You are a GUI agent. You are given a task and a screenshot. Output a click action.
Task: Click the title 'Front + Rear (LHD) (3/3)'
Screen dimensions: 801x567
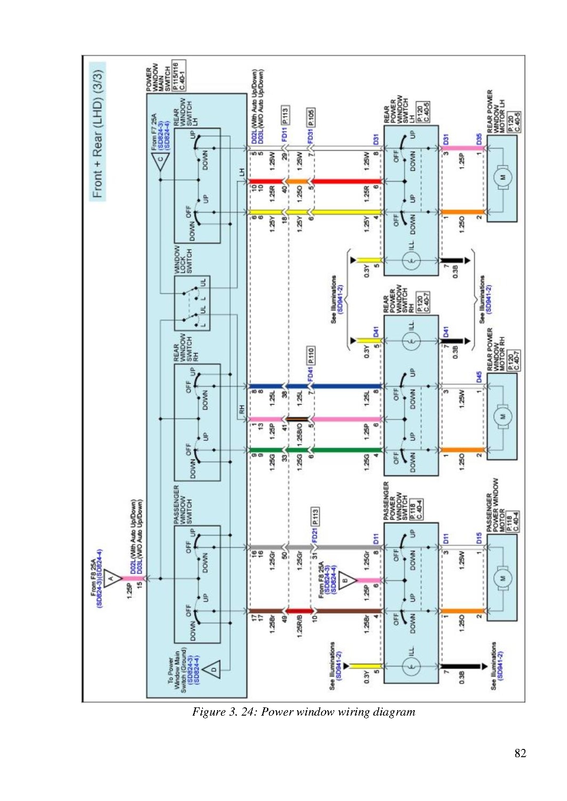(x=98, y=133)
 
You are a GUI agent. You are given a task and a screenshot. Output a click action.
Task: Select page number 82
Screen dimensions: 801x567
(x=520, y=753)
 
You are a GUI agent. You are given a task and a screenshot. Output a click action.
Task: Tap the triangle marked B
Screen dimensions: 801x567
(x=346, y=581)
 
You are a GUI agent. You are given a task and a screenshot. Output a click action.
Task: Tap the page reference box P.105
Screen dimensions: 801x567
(x=311, y=117)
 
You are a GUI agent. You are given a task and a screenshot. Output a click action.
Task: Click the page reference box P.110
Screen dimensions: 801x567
(x=311, y=356)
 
